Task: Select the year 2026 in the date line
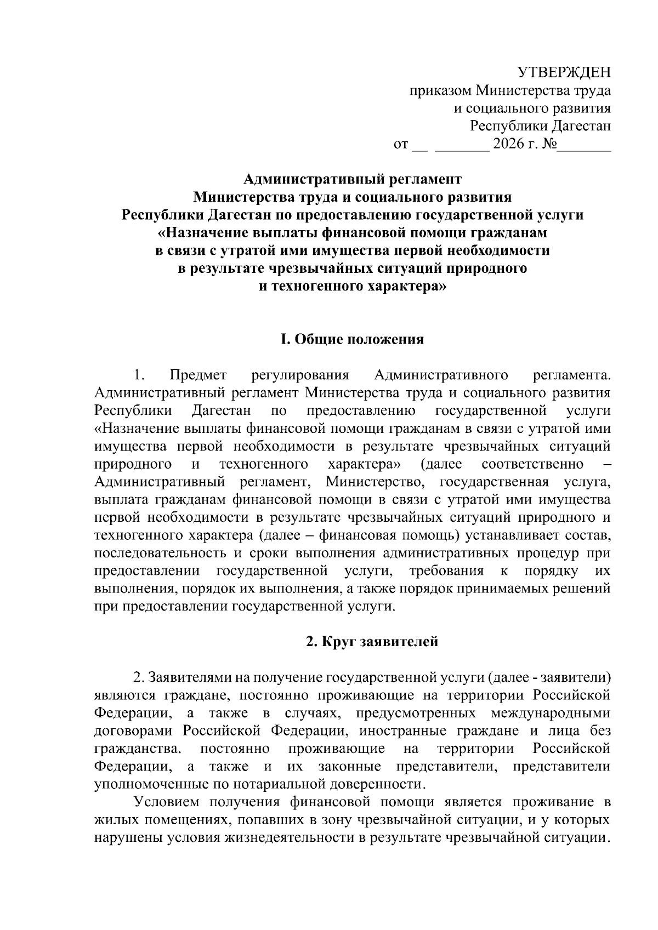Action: coord(509,145)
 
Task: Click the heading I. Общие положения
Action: coord(352,339)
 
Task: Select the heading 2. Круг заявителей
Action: coord(372,641)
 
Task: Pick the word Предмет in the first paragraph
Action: coord(198,375)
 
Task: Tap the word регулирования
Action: coord(300,375)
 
